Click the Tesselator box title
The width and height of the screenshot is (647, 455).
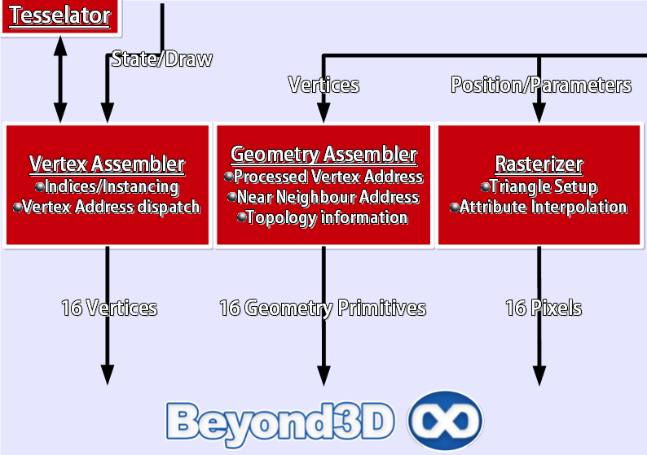59,15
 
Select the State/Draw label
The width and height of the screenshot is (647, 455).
161,59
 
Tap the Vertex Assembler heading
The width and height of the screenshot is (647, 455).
107,164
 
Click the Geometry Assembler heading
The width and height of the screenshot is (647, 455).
323,154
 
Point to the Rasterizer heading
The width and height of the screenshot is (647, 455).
539,164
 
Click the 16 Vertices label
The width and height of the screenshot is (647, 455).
109,308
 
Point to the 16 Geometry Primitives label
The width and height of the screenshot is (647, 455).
323,308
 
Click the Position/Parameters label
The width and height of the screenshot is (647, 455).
541,85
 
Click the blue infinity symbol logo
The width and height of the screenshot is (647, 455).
445,421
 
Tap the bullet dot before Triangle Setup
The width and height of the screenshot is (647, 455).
486,187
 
